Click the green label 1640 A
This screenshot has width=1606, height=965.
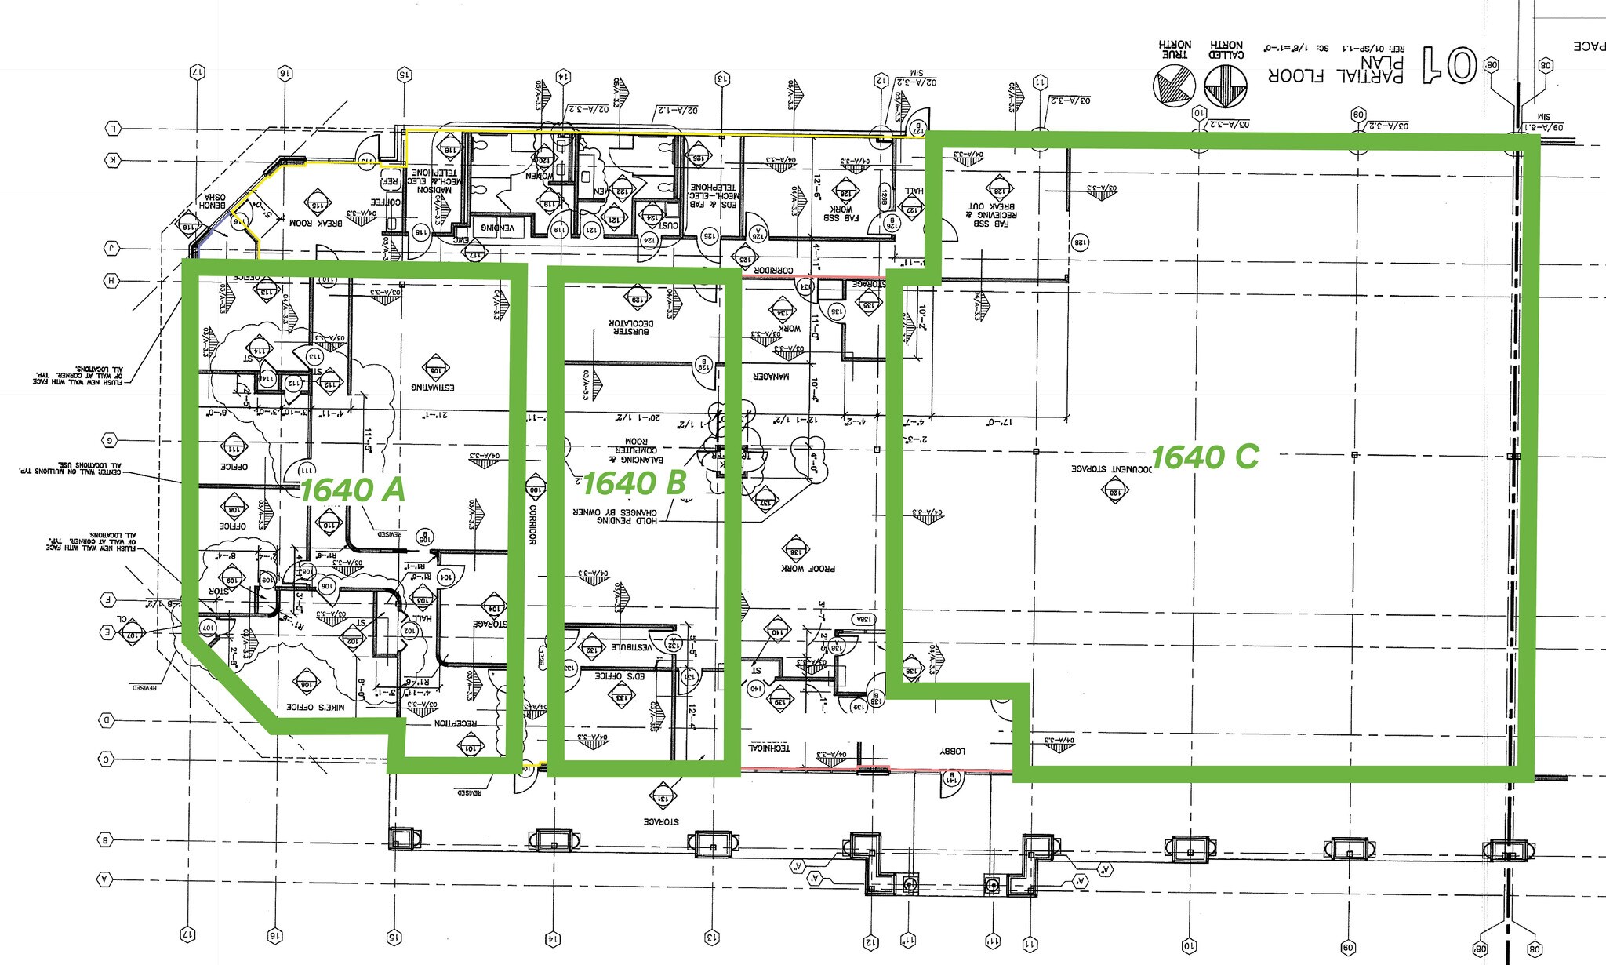click(352, 490)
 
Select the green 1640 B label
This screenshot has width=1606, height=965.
click(635, 483)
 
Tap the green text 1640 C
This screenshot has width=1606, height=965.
click(1204, 456)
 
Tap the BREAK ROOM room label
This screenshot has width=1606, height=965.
click(316, 224)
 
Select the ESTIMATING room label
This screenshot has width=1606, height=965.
click(433, 387)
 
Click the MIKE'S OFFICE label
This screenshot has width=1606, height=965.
click(315, 707)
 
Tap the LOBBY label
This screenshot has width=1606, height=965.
click(952, 752)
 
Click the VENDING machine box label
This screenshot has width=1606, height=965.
click(497, 228)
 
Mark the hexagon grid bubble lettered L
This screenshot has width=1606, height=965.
click(113, 128)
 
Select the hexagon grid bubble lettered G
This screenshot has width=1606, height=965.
click(111, 440)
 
